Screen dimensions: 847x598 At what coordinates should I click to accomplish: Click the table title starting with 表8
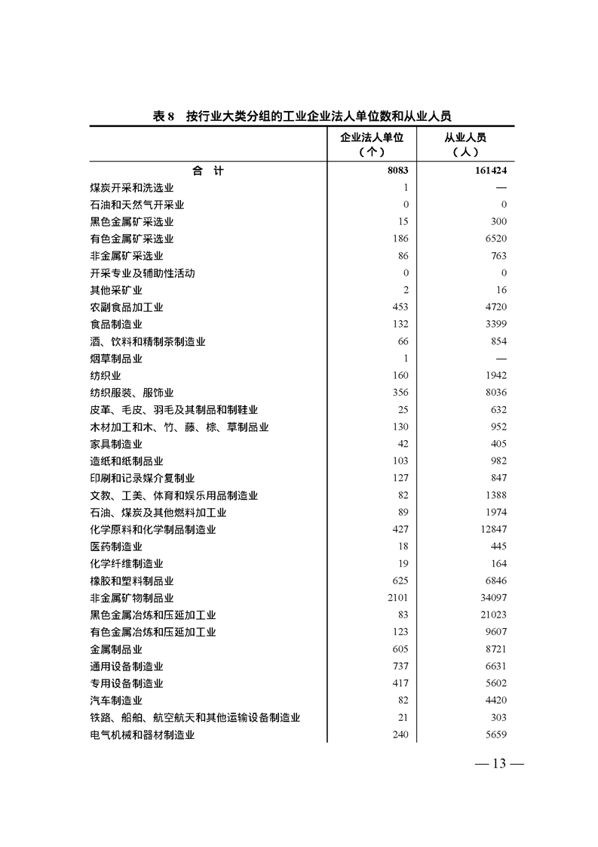point(302,115)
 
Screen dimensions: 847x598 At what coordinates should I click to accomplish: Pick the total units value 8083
point(397,171)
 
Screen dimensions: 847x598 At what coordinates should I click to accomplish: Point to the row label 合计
point(208,171)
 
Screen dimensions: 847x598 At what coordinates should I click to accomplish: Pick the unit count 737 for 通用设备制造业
point(400,667)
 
